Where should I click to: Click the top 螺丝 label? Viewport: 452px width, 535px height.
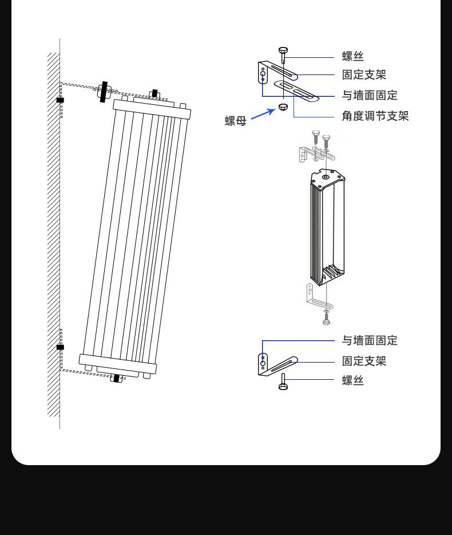pos(352,56)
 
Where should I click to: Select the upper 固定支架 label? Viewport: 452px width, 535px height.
pos(364,74)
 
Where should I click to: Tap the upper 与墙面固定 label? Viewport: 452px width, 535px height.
pos(370,95)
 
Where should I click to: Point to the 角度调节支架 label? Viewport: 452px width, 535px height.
pos(375,116)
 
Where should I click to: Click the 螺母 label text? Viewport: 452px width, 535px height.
pos(235,121)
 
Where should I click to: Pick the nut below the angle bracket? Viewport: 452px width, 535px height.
pos(283,108)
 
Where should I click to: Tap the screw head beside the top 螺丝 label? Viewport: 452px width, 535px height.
pos(283,51)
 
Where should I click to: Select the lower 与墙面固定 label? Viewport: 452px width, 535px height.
pos(370,340)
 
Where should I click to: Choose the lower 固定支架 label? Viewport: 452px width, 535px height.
pos(364,361)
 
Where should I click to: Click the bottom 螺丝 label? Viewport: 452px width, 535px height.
pos(352,380)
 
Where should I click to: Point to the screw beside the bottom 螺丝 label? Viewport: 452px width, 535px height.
pos(283,383)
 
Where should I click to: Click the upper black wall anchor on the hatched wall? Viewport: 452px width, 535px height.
pos(60,100)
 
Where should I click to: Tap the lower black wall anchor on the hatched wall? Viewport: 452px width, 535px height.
pos(60,347)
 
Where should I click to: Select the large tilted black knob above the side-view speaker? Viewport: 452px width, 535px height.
pos(103,92)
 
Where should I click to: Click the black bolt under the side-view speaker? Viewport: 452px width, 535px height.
pos(117,378)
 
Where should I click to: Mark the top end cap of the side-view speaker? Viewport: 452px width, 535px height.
pos(152,108)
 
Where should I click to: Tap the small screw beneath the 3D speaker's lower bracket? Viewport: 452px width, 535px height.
pos(326,318)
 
